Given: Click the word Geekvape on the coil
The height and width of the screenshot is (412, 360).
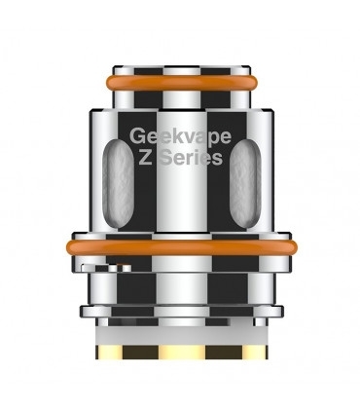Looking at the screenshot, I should [179, 137].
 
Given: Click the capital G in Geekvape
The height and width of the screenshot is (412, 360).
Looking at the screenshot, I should [136, 137].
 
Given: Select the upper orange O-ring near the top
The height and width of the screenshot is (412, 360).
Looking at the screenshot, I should [180, 84].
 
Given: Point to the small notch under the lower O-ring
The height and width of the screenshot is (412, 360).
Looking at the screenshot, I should [92, 263].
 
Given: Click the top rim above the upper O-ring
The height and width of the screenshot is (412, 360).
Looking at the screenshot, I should [180, 70].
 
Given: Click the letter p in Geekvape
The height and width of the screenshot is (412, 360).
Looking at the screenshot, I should [205, 139].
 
